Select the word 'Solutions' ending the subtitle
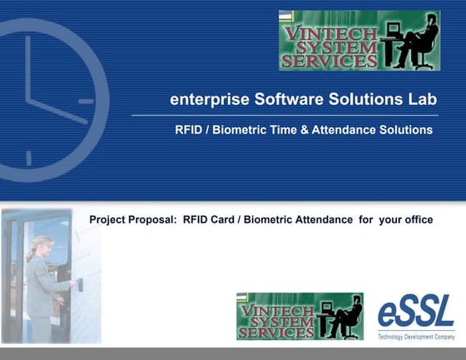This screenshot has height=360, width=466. coord(407,131)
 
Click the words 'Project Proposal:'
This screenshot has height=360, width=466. coord(132,219)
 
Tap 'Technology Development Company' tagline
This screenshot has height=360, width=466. coord(416,337)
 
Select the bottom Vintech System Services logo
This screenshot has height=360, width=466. coord(300,316)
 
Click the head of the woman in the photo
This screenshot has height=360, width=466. coord(41,247)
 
